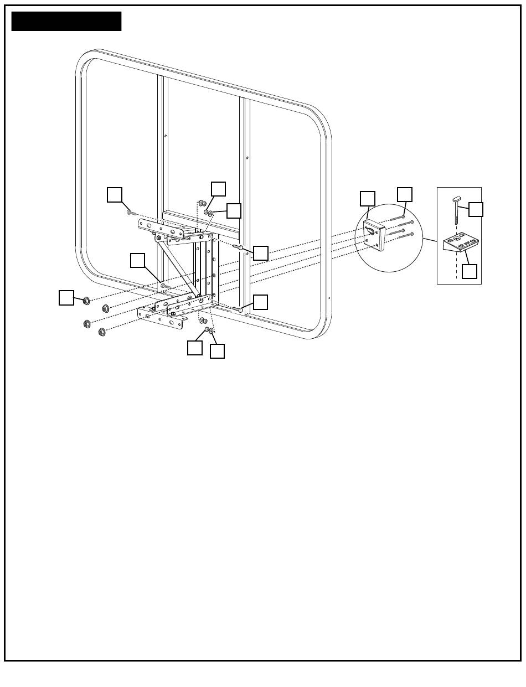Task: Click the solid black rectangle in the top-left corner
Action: (x=66, y=21)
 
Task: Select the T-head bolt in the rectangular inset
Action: (x=457, y=208)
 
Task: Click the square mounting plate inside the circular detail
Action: (x=374, y=235)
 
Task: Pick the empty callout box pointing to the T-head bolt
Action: (x=476, y=209)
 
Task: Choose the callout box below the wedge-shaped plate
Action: (x=470, y=271)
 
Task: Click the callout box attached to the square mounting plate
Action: (x=368, y=198)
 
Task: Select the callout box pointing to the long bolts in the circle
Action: (x=405, y=194)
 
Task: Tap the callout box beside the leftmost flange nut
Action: (x=66, y=297)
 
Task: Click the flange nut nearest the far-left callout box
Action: (x=86, y=301)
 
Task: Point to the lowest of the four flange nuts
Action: (x=102, y=332)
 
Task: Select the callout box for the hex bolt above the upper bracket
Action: (x=115, y=194)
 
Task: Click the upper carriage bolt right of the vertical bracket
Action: (x=238, y=246)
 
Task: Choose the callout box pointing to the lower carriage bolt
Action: (x=261, y=302)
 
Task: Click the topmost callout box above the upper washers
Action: (x=219, y=188)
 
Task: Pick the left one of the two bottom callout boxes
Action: (x=195, y=348)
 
